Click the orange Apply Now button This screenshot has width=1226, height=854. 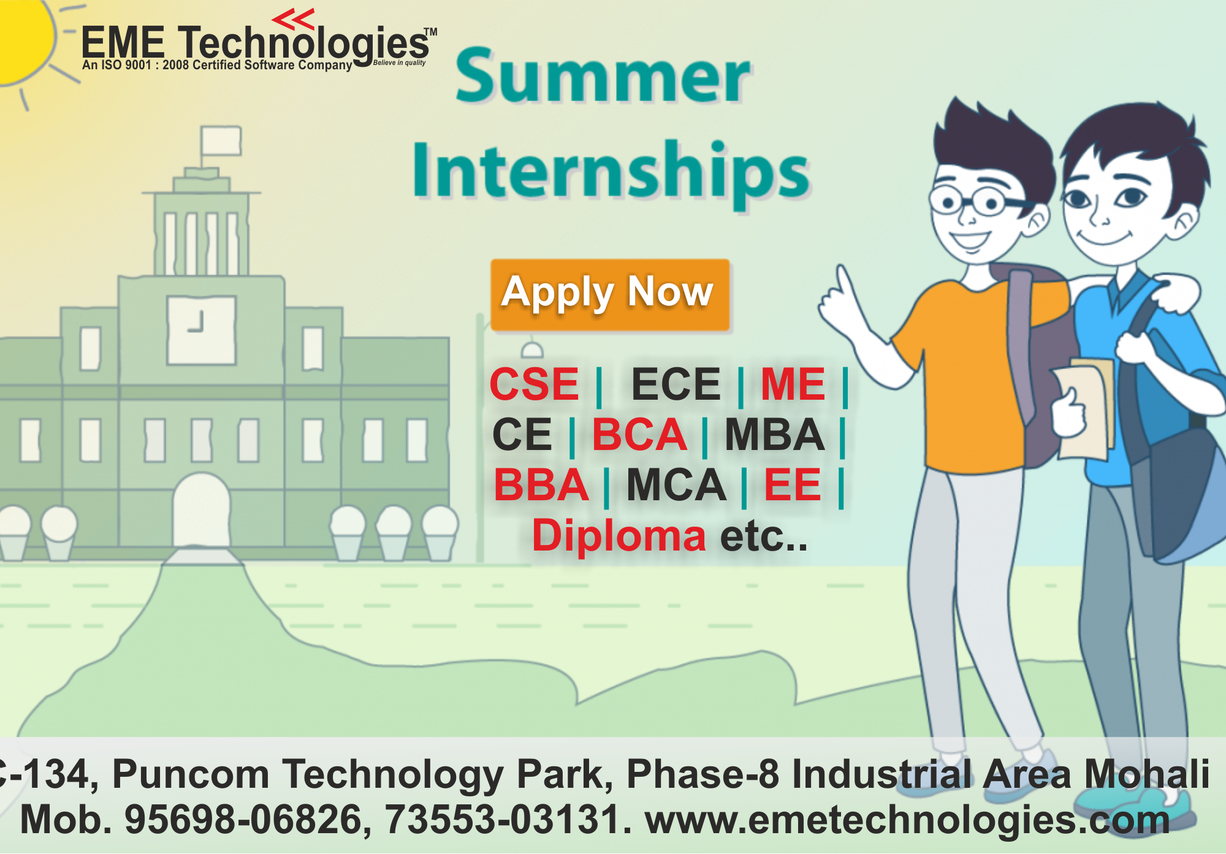(610, 295)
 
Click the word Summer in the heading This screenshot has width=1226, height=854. (603, 76)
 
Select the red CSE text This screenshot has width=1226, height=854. (534, 384)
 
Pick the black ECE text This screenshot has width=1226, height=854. (676, 384)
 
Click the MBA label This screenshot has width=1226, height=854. (775, 435)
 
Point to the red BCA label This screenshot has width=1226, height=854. (639, 435)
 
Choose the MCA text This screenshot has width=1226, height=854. (676, 485)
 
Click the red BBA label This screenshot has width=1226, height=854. (541, 485)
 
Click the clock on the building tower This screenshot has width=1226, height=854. (202, 330)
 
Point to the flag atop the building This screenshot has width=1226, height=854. (220, 141)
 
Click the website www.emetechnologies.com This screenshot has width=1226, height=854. (908, 821)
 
